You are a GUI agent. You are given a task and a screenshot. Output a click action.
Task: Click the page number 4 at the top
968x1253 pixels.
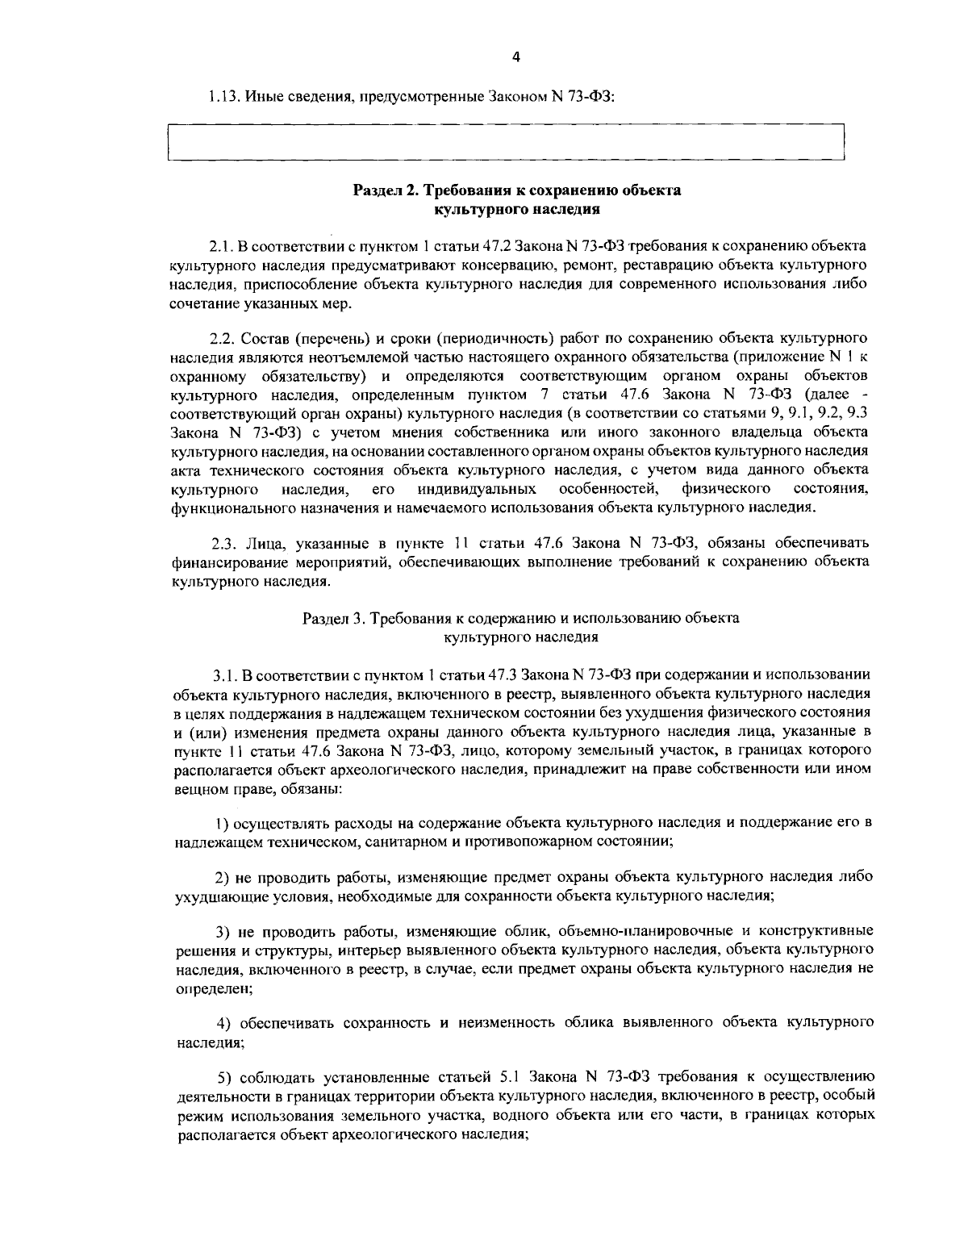point(516,56)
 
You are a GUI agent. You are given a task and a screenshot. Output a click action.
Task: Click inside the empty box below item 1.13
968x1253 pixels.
point(505,144)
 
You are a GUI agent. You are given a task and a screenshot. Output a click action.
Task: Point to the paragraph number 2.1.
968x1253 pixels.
point(223,245)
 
